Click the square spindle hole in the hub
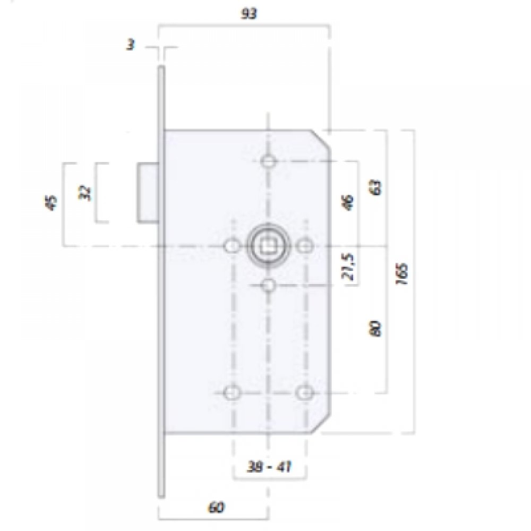point(268,246)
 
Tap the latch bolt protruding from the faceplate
point(148,193)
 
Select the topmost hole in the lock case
point(268,160)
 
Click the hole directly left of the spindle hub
point(232,246)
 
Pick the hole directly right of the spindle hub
point(304,246)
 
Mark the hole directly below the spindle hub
point(268,285)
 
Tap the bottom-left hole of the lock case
point(232,392)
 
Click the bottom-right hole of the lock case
point(304,392)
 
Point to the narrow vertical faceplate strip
point(161,319)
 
